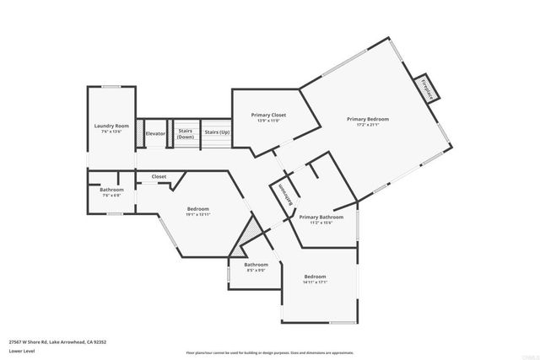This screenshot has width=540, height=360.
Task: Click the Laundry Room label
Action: [111, 125]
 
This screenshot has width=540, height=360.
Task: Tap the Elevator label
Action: [155, 133]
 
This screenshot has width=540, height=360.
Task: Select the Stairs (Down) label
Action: [186, 133]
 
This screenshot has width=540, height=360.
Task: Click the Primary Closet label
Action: [269, 115]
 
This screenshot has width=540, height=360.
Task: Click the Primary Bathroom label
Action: [321, 217]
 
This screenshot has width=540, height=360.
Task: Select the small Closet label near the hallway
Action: [159, 176]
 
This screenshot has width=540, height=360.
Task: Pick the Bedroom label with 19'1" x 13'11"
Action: [197, 209]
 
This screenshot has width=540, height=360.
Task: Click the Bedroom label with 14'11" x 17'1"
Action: [316, 277]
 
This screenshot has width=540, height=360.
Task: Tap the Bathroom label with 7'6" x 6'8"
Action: [111, 190]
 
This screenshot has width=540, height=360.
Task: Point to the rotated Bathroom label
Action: [285, 195]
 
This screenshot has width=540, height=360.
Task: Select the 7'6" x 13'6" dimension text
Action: [111, 131]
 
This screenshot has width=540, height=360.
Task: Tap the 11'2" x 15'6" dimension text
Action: [321, 223]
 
